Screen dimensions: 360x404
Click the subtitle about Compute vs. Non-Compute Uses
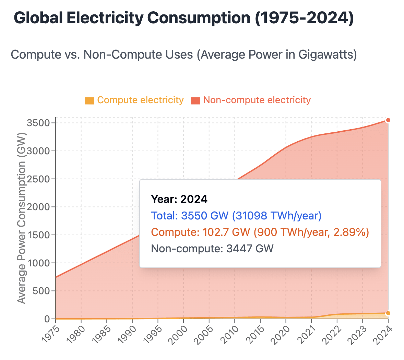[x=184, y=55]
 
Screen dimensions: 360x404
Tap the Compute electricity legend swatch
[x=90, y=100]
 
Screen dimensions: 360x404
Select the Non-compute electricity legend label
[x=257, y=100]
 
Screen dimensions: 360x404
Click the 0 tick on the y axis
[x=48, y=319]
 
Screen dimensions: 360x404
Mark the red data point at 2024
[x=388, y=120]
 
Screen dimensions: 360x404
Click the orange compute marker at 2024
[x=388, y=313]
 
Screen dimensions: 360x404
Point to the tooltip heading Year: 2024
[x=179, y=199]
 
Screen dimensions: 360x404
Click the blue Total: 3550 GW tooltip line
[x=236, y=216]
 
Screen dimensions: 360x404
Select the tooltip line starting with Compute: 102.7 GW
[x=260, y=232]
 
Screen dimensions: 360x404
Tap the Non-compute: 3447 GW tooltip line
[x=212, y=249]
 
